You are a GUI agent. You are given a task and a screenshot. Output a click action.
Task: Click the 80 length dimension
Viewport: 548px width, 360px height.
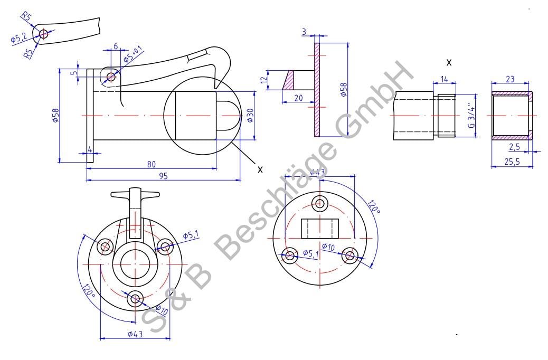(152, 164)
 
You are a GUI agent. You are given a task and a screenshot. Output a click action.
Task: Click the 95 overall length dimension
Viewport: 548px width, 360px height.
(163, 176)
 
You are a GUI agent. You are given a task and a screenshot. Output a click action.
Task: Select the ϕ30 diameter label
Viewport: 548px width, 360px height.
(250, 115)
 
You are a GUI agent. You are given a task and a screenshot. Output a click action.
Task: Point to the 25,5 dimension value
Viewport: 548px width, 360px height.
(512, 162)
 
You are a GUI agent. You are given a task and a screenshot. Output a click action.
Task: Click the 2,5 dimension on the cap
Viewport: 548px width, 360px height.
(515, 147)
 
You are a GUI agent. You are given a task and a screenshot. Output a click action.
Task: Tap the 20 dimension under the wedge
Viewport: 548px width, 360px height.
(298, 98)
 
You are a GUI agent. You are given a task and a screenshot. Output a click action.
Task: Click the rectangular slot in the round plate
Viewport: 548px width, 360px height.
(319, 228)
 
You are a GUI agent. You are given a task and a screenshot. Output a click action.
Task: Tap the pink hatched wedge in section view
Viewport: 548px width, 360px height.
(289, 80)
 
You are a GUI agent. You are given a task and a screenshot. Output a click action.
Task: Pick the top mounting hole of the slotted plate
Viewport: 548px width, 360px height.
(319, 203)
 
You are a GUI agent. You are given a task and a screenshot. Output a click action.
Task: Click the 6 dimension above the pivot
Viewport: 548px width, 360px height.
(116, 46)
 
